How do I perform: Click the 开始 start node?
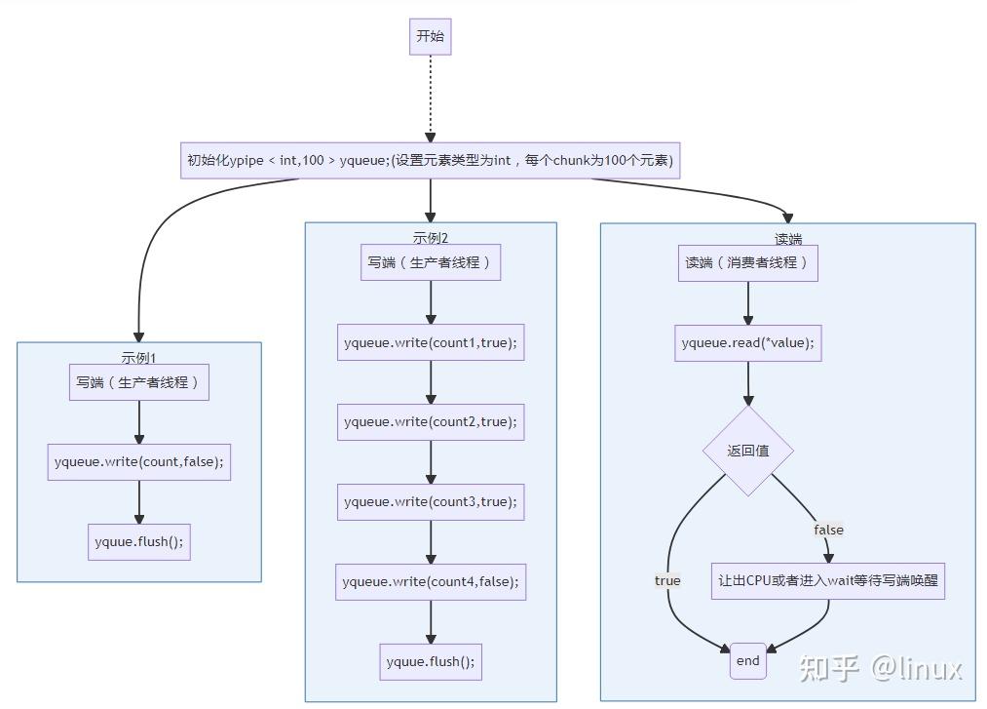click(430, 37)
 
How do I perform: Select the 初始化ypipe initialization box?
click(430, 161)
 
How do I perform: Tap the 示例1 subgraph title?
click(138, 357)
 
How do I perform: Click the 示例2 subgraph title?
click(430, 237)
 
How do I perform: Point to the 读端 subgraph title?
click(787, 239)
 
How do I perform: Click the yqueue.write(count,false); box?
click(139, 462)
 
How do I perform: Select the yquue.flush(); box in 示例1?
click(138, 542)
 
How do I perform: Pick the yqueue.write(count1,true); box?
click(430, 342)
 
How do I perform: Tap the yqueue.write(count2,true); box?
click(430, 422)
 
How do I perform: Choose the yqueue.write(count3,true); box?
click(430, 502)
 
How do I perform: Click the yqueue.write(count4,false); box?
click(430, 582)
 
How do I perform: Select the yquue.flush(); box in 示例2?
click(430, 662)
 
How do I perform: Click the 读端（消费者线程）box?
click(747, 263)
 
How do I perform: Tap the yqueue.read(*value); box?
click(747, 343)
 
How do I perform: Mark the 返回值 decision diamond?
click(747, 451)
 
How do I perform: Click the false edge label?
click(828, 530)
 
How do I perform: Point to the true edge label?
click(667, 580)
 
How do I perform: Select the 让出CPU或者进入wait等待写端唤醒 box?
click(828, 580)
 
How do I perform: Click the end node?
click(747, 661)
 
